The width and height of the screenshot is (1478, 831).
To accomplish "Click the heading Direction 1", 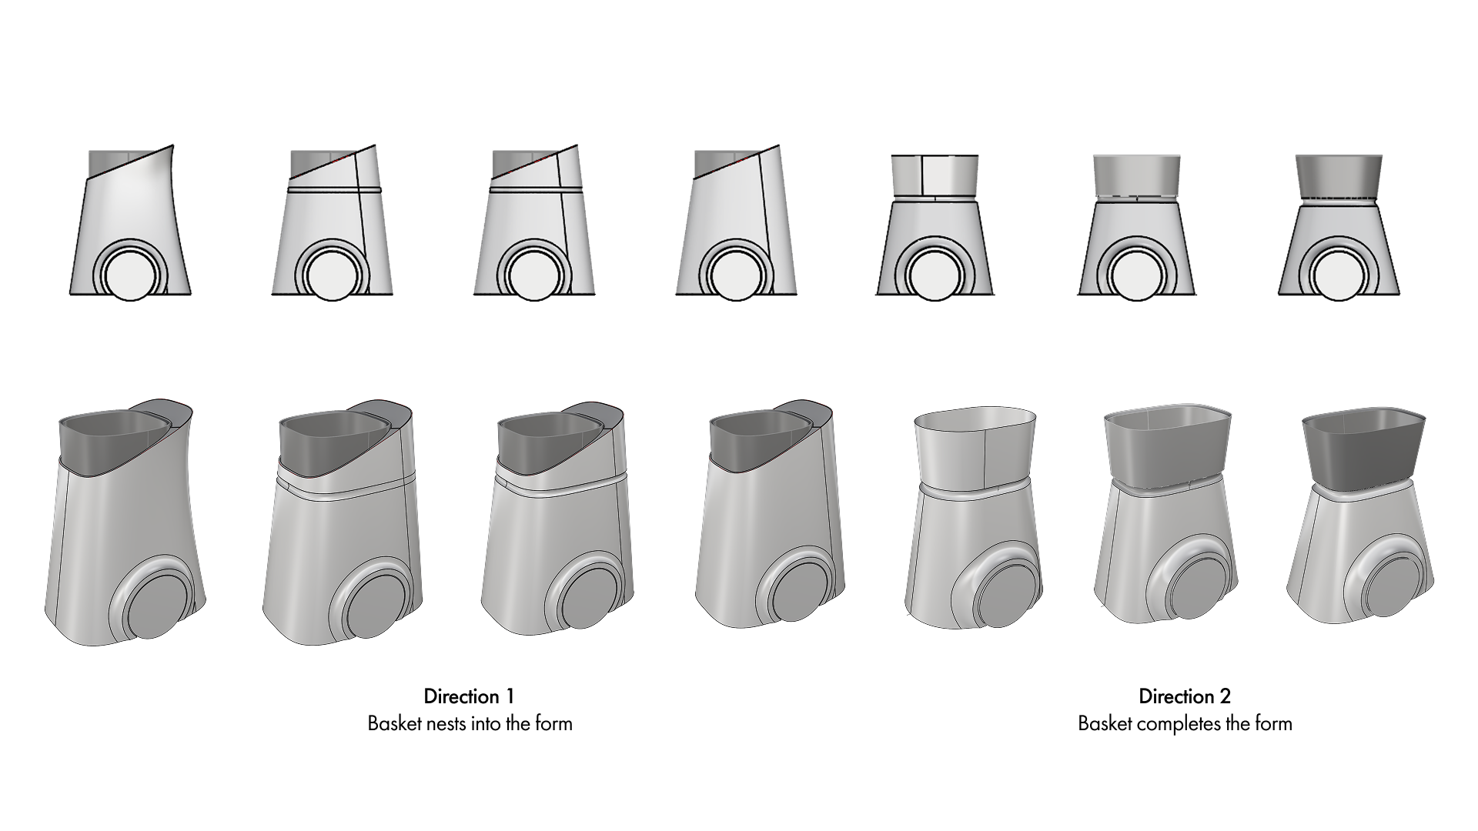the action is point(469,696).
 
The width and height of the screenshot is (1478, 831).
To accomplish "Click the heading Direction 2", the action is point(1185,696).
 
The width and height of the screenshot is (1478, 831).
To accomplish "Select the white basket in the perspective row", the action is point(973,451).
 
